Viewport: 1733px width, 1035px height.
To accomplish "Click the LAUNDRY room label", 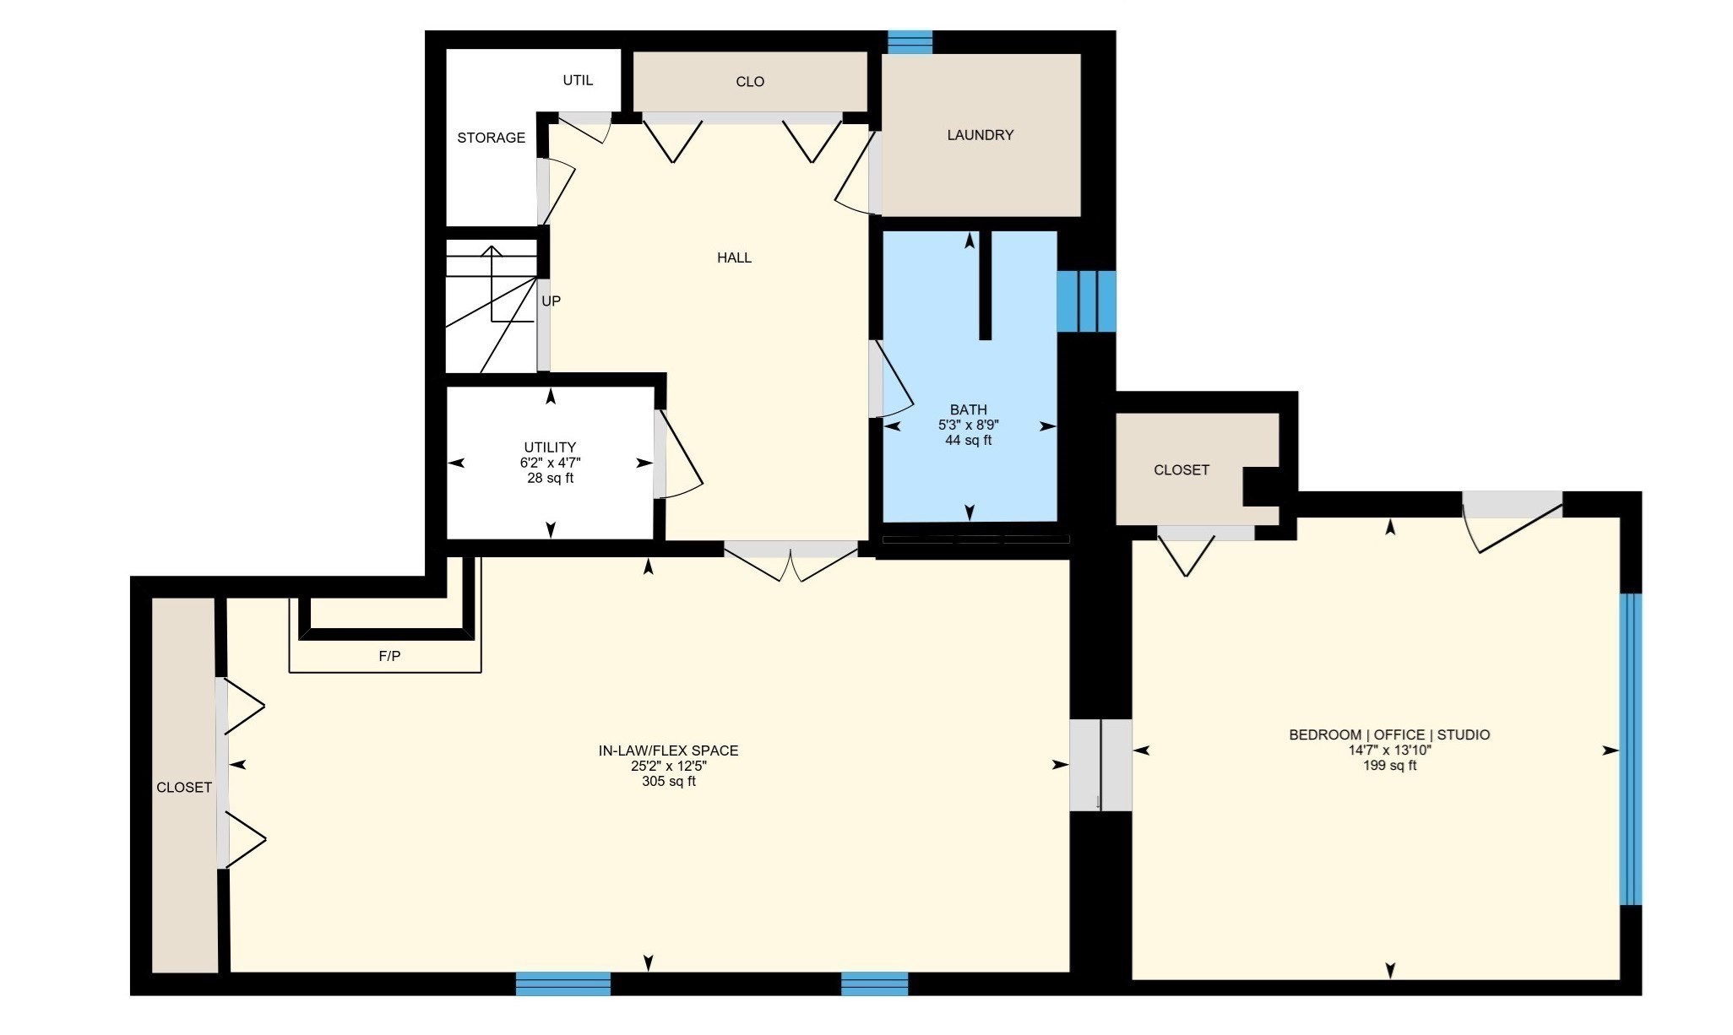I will pos(980,135).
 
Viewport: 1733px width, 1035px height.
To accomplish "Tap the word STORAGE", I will pos(491,138).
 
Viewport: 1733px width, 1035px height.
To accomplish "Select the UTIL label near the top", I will pos(578,80).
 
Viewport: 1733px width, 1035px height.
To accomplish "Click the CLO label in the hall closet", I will pos(750,82).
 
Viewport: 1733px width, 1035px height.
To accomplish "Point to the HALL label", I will pos(734,257).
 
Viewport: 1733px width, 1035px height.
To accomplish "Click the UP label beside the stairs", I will pos(551,301).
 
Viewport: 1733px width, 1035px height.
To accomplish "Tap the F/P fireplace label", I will pos(389,656).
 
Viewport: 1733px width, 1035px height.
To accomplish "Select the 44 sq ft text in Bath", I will pos(968,441).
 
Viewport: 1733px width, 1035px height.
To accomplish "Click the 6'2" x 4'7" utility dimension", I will pos(550,463).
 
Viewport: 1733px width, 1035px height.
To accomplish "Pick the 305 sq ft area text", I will pos(668,782).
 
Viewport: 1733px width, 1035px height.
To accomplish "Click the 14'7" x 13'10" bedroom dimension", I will pos(1389,751).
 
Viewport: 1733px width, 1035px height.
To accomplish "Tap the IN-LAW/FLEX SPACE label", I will pos(668,751).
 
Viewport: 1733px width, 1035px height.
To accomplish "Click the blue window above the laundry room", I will pos(910,41).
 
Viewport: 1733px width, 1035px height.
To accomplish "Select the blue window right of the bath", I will pos(1086,301).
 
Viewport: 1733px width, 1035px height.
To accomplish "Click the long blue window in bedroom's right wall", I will pos(1631,749).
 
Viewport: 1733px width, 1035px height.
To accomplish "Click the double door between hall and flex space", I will pos(790,561).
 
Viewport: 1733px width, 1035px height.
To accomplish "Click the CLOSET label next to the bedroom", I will pos(1181,470).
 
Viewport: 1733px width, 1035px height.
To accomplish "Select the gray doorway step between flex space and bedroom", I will pos(1100,765).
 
